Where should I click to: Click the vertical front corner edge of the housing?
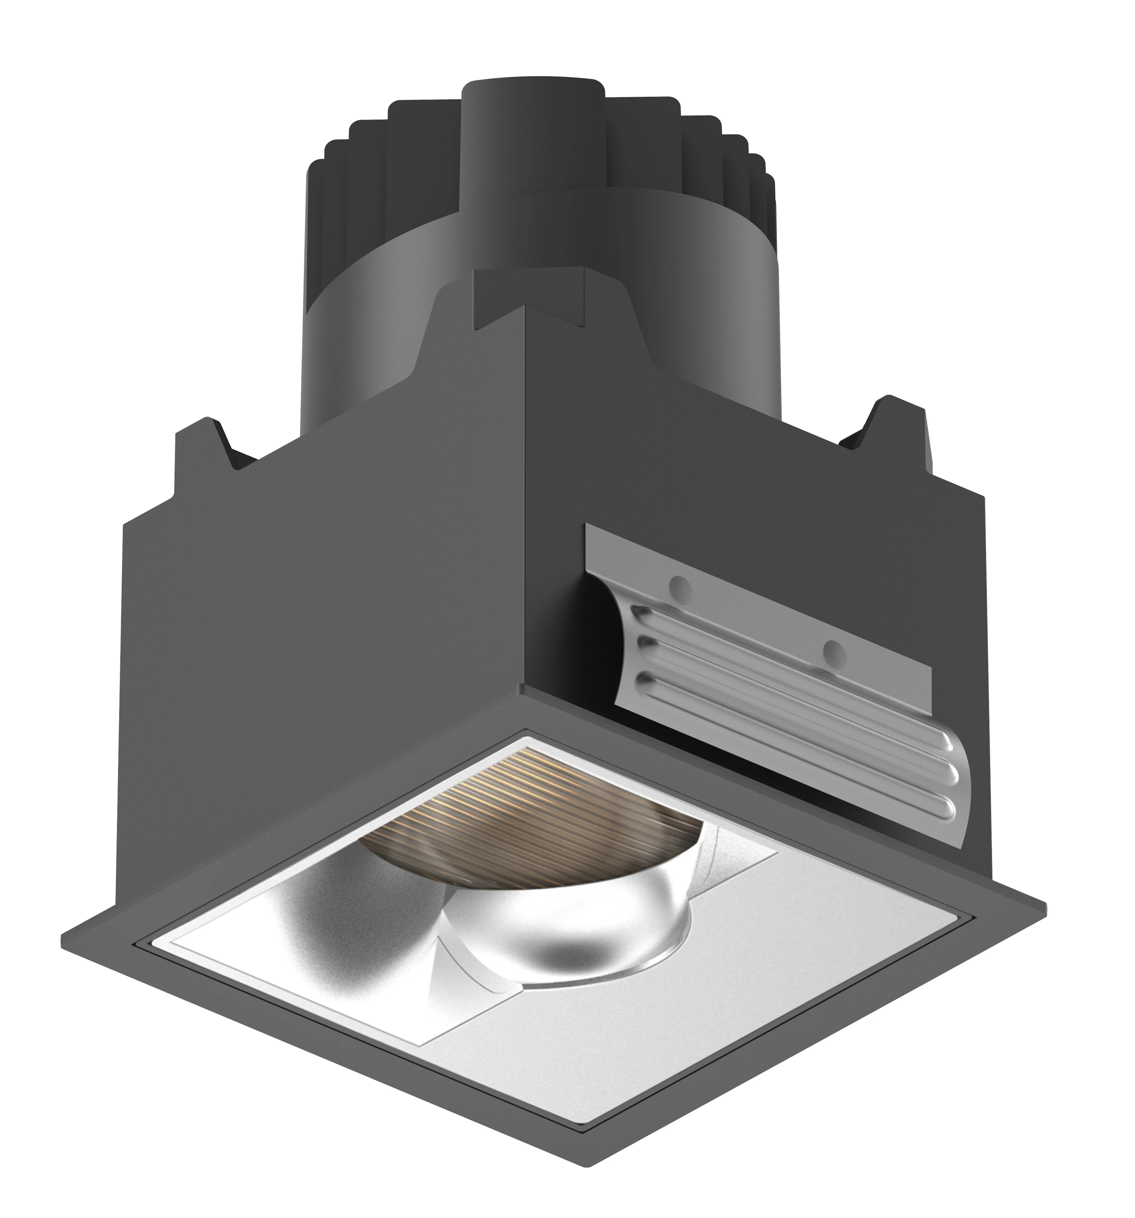click(527, 490)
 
